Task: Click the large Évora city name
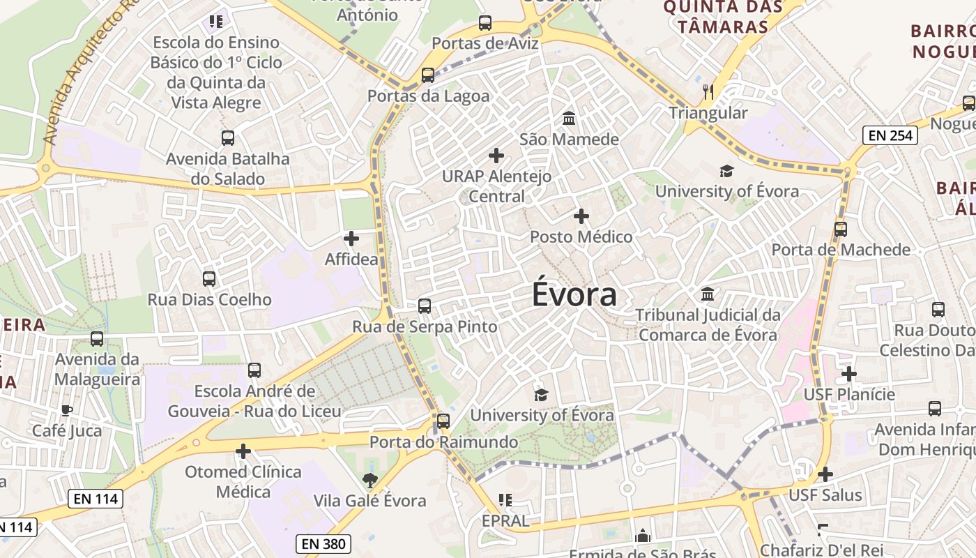point(574,294)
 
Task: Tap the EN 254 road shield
point(890,135)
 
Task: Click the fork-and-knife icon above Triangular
point(708,91)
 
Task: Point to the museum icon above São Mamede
point(569,118)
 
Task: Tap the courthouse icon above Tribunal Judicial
point(708,294)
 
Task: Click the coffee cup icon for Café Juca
point(67,410)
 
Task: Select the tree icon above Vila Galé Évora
point(369,480)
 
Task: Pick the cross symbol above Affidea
point(351,239)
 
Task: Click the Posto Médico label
point(581,237)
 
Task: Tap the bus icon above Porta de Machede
point(841,229)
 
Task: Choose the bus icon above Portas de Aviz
point(485,23)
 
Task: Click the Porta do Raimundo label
point(443,442)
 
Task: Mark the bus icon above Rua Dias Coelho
point(209,279)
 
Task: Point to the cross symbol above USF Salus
point(825,474)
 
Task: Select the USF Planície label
point(849,395)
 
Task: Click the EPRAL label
point(505,521)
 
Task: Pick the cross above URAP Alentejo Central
point(496,155)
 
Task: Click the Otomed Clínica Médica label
point(243,482)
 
